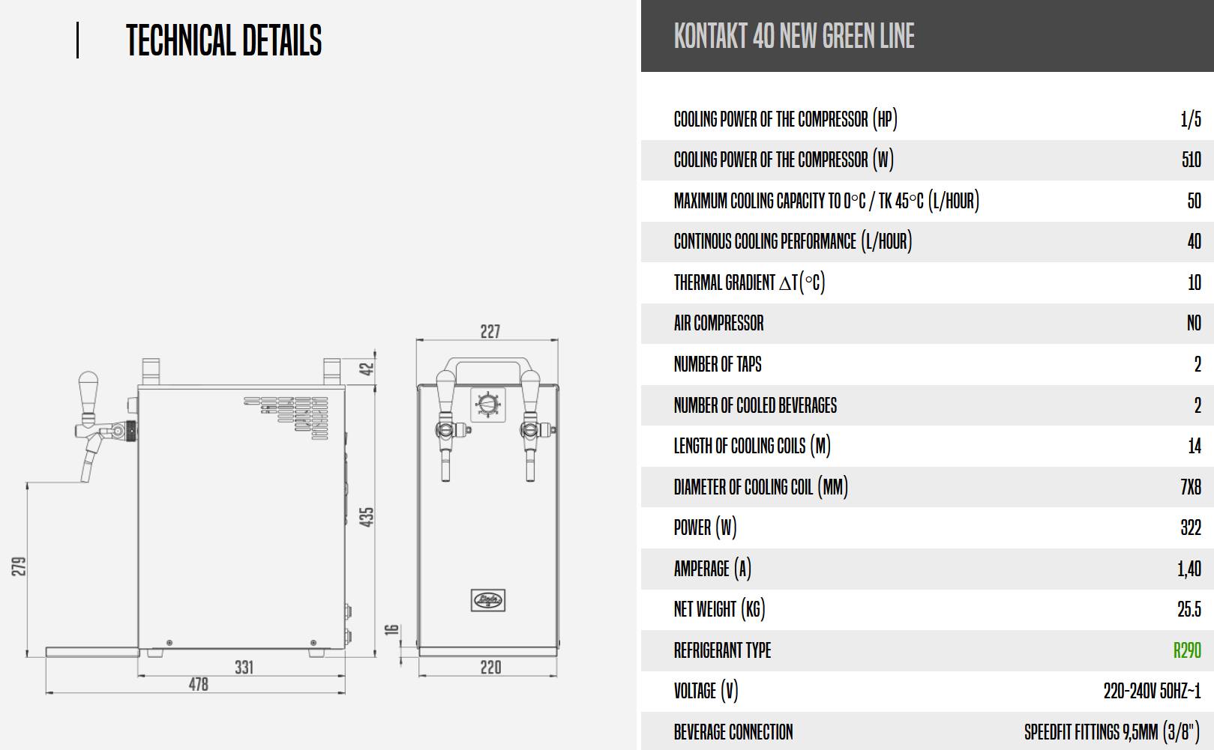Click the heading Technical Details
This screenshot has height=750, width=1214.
224,40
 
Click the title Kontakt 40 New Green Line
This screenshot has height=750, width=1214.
794,36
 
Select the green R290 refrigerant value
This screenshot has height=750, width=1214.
1187,650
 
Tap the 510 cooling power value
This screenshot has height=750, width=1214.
1192,160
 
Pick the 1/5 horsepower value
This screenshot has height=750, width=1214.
1191,118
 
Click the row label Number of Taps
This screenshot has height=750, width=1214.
718,364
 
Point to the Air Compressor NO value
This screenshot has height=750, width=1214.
1194,323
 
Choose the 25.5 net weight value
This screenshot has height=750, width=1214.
1189,609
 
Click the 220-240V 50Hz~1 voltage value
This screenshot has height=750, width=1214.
1153,691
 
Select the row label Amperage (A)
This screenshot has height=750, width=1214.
712,569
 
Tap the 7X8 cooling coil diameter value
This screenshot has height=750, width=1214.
1191,487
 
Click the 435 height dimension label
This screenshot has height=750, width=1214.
367,517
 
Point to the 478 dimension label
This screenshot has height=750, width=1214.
199,685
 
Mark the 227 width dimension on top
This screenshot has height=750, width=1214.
490,331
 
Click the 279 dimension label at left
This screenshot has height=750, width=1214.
19,566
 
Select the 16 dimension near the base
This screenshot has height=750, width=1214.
392,630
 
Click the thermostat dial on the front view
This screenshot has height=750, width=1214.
487,404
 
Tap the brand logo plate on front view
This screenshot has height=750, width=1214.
487,600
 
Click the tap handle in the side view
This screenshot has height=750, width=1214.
88,392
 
